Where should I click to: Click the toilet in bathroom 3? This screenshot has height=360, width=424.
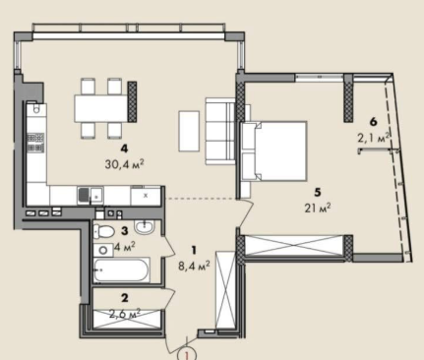[103, 232]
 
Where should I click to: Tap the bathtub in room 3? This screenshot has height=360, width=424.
[122, 270]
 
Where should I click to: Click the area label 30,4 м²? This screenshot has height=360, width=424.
[125, 163]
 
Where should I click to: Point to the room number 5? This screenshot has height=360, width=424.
[318, 193]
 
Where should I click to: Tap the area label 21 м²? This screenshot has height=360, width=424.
[318, 208]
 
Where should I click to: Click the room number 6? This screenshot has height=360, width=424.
[373, 122]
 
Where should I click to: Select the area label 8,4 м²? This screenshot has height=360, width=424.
[194, 266]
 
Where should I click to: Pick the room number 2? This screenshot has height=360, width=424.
[125, 298]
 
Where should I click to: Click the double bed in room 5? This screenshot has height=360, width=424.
[273, 150]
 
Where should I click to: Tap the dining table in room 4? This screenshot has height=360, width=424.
[101, 108]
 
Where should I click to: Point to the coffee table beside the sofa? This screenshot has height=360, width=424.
[189, 131]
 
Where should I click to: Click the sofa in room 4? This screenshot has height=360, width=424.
[220, 131]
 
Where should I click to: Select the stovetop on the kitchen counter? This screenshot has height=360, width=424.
[35, 143]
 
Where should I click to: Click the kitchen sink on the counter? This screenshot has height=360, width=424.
[91, 196]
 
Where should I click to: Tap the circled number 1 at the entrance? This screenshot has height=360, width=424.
[187, 355]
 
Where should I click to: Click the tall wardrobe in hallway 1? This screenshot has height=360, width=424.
[225, 289]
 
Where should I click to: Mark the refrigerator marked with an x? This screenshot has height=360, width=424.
[146, 196]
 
